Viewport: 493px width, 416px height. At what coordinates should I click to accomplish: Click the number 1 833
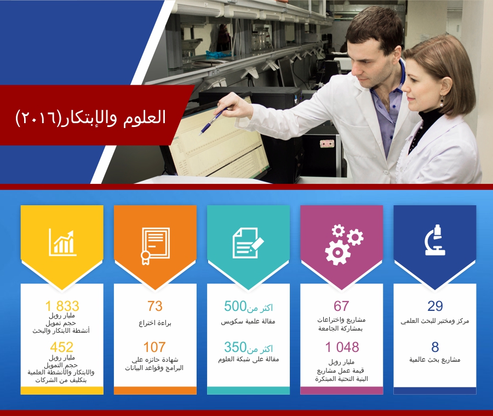point(62,306)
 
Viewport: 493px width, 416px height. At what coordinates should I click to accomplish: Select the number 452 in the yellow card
point(61,347)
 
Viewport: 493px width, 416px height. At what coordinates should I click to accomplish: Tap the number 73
point(154,306)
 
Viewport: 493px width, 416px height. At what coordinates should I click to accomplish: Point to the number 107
point(154,347)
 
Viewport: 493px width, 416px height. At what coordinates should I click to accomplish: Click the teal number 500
point(235,306)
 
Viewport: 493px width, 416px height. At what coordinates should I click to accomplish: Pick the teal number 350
point(235,347)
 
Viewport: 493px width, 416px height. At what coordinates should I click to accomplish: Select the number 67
point(341,306)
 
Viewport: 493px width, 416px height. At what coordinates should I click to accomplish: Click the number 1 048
point(342,347)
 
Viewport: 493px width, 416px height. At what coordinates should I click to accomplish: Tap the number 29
point(435,306)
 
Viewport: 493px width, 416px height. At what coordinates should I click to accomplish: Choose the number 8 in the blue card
point(435,347)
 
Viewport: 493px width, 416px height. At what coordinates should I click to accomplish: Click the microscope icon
point(435,240)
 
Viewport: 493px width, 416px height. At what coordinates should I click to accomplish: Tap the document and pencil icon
point(248,243)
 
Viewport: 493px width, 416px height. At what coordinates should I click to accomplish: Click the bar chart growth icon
point(62,242)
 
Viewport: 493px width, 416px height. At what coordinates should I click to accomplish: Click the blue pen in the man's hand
point(213,122)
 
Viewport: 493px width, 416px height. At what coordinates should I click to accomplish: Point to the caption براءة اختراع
point(155,323)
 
